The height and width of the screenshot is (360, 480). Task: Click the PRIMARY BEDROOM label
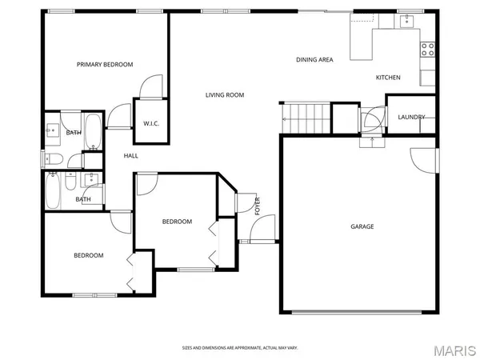coord(105,64)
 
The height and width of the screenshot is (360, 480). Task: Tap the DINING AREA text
coord(314,59)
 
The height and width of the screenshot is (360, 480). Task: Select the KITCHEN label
coord(388,78)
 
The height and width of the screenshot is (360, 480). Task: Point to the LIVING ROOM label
coord(225,95)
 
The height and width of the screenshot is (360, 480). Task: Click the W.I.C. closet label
coord(151,123)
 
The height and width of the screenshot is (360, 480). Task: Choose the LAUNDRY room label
coord(412,118)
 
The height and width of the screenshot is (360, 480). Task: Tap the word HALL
coord(130,156)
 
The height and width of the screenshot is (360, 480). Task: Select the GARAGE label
coord(362,226)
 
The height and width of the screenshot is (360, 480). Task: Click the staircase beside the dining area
coord(305,118)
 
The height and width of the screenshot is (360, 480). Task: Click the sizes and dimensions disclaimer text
coord(239,347)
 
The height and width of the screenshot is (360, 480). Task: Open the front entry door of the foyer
coord(262,231)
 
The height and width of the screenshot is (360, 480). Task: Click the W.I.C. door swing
coord(152,86)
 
